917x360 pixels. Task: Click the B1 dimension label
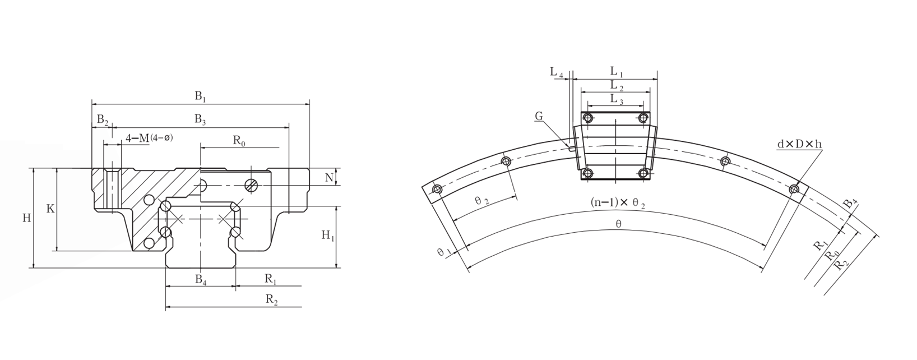point(200,96)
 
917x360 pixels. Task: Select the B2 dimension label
point(103,120)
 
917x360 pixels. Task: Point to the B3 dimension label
point(200,120)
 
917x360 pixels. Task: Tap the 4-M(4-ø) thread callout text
point(150,139)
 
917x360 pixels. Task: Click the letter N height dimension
point(329,177)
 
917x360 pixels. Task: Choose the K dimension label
point(50,209)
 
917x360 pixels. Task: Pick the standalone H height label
point(26,218)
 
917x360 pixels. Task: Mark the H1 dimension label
point(328,236)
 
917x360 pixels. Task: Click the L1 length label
point(617,72)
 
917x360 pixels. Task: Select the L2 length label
point(617,86)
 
